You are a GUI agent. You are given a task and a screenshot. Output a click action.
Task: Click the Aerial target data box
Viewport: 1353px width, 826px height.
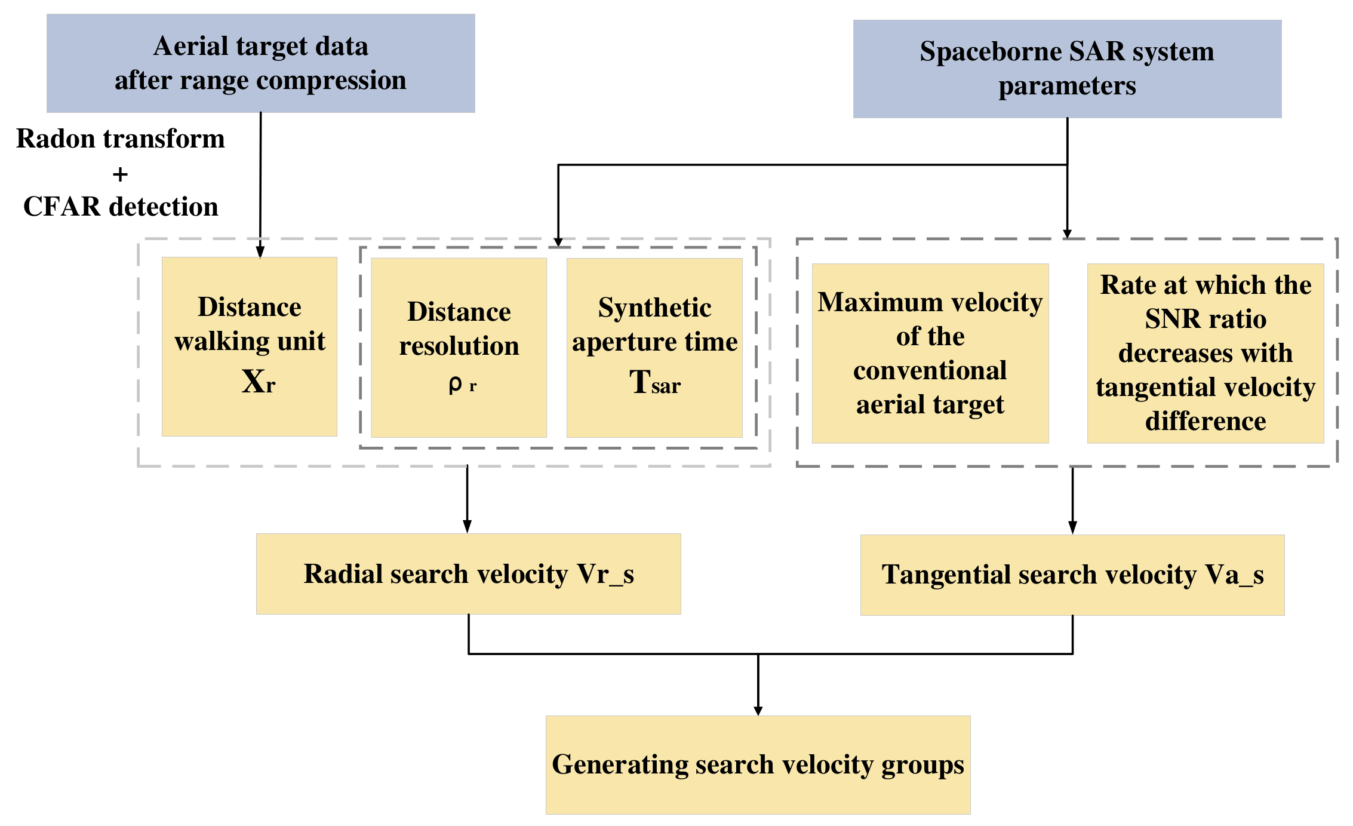pyautogui.click(x=260, y=63)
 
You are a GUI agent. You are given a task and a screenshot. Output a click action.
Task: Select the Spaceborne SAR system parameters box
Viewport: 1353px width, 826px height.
pyautogui.click(x=1067, y=69)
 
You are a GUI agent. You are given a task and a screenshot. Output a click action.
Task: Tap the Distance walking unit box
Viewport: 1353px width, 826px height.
pyautogui.click(x=249, y=346)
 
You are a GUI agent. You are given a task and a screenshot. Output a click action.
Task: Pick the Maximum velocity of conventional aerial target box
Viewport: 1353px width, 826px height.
pyautogui.click(x=930, y=353)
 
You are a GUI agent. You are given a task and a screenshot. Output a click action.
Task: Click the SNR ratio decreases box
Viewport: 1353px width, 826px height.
pyautogui.click(x=1205, y=353)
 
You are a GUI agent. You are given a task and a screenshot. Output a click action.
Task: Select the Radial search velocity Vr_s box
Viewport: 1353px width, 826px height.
pyautogui.click(x=468, y=573)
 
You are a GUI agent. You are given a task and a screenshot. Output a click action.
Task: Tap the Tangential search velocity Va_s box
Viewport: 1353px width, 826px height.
pyautogui.click(x=1072, y=575)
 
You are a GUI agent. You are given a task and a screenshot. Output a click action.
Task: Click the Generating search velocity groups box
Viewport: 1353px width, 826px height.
pyautogui.click(x=758, y=764)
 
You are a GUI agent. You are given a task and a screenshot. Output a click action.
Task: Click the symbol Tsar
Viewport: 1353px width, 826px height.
pyautogui.click(x=654, y=382)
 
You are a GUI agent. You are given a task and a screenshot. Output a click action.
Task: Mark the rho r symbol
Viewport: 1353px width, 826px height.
pyautogui.click(x=462, y=385)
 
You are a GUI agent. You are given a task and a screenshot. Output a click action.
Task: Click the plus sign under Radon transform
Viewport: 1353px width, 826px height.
pyautogui.click(x=120, y=174)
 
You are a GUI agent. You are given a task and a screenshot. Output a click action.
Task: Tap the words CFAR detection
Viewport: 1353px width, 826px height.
pyautogui.click(x=120, y=207)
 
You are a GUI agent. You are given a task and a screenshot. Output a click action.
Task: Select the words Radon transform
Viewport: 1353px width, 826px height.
pyautogui.click(x=120, y=139)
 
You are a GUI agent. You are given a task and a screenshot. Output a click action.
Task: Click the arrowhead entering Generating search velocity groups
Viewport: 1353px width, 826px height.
pyautogui.click(x=758, y=710)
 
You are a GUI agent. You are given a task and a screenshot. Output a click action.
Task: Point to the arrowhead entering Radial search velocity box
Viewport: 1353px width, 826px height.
pyautogui.click(x=467, y=526)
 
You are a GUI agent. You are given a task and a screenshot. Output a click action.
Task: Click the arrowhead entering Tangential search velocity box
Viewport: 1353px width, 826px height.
pyautogui.click(x=1072, y=527)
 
